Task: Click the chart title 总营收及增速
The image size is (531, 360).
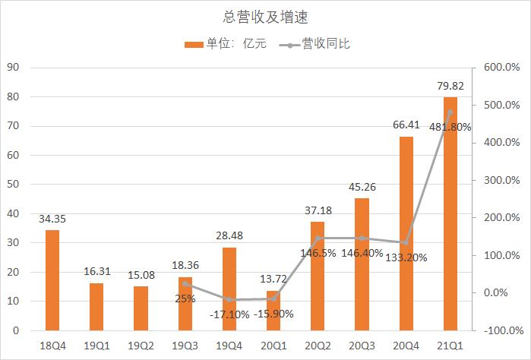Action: click(x=265, y=16)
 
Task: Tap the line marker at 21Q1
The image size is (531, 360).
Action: click(x=450, y=112)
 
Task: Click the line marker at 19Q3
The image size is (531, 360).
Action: click(x=185, y=283)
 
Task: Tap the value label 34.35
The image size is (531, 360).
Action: click(x=52, y=219)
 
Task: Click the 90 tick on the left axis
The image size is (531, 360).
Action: click(x=14, y=68)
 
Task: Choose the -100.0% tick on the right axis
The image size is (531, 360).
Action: click(x=501, y=330)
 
